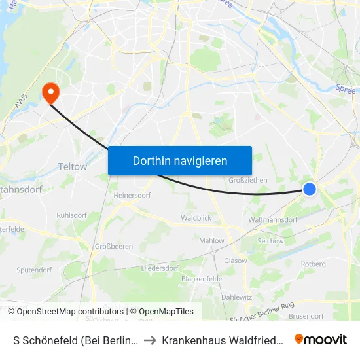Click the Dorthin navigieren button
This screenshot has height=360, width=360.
click(180, 160)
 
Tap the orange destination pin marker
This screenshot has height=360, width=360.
click(50, 93)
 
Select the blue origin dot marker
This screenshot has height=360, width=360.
click(310, 189)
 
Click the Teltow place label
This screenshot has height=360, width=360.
click(73, 166)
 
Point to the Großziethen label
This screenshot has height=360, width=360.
click(246, 181)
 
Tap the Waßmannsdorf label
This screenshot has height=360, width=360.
click(273, 220)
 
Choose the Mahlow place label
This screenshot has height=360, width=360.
click(211, 241)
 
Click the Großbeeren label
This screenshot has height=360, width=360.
click(114, 247)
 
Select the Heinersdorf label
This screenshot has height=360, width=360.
click(133, 195)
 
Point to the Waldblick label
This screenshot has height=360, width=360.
click(195, 218)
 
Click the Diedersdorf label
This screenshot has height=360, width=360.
click(160, 268)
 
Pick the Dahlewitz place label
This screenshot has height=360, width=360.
click(236, 297)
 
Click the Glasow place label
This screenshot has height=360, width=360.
click(236, 261)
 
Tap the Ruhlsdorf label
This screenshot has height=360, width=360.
click(72, 213)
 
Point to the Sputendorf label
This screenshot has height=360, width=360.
click(34, 270)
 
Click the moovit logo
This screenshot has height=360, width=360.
click(320, 339)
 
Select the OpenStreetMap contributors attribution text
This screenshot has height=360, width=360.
click(70, 312)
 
